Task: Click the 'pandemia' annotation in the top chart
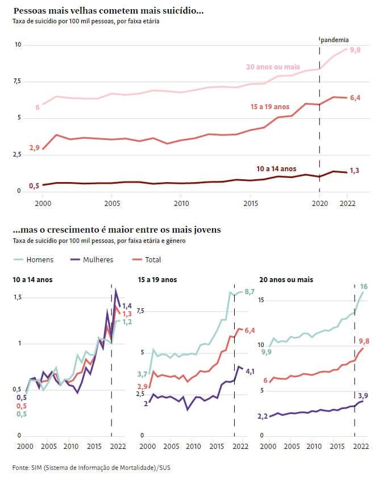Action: click(x=335, y=40)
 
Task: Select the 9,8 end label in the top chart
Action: click(x=356, y=50)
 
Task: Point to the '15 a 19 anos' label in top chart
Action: click(x=270, y=106)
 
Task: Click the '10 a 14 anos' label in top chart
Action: click(x=276, y=168)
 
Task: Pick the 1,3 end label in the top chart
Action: click(x=354, y=171)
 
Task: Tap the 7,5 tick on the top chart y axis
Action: click(x=18, y=81)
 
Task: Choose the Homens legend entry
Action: click(x=34, y=259)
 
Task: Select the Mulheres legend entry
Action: click(x=91, y=259)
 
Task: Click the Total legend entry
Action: click(x=147, y=259)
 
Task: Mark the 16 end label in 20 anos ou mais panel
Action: click(x=364, y=286)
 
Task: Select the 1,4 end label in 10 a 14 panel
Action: click(x=127, y=306)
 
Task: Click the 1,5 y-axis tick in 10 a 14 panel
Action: click(x=18, y=298)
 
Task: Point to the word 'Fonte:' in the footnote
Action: click(x=20, y=467)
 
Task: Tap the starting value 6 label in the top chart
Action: click(x=38, y=107)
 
